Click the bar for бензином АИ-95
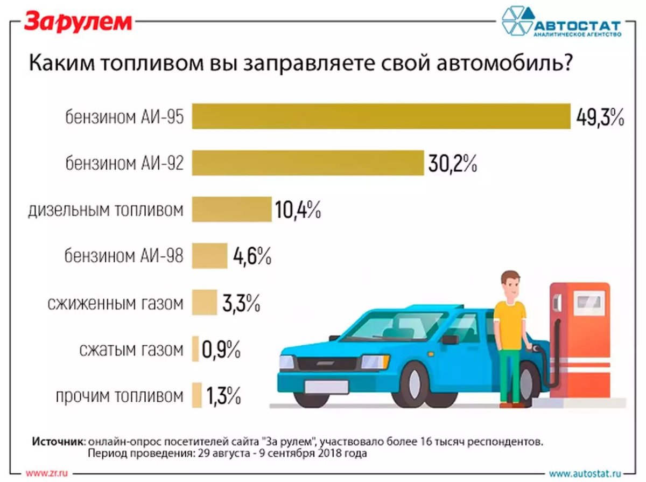click(381, 116)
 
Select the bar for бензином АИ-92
click(308, 163)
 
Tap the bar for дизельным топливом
click(231, 209)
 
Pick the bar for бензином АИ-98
click(209, 255)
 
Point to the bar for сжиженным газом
click(204, 302)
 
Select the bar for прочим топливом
click(196, 396)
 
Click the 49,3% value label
click(600, 117)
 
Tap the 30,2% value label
click(453, 163)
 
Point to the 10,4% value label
click(298, 209)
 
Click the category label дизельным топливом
click(106, 210)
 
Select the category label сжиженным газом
click(115, 303)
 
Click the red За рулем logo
click(78, 22)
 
